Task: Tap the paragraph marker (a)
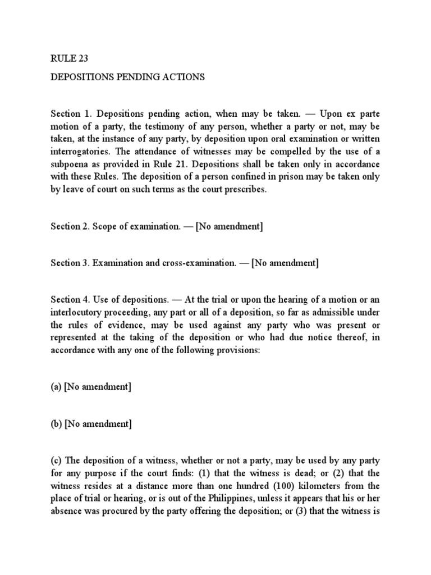click(56, 387)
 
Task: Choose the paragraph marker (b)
click(56, 425)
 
